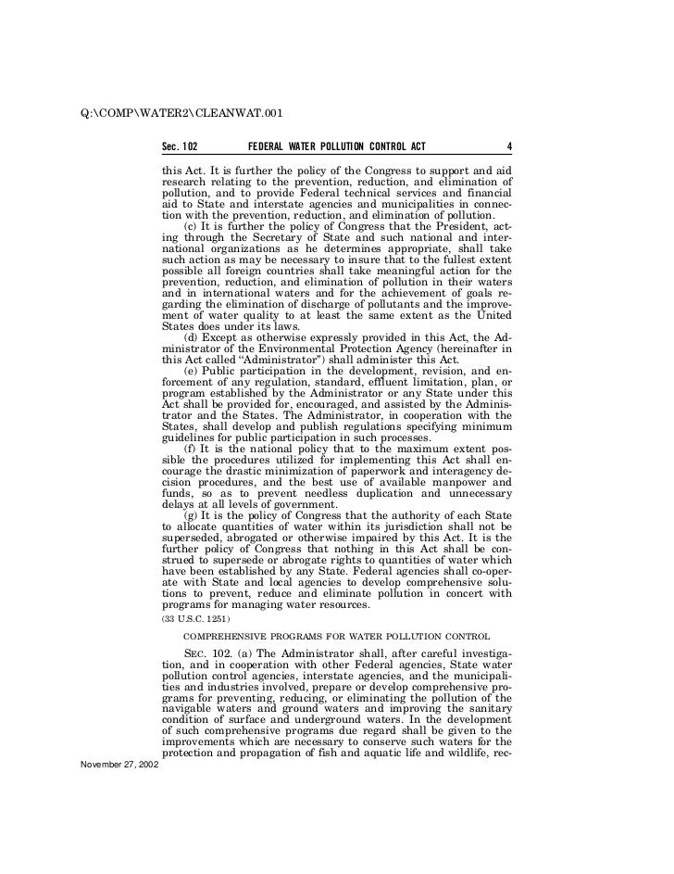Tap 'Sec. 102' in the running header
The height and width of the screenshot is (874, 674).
click(180, 146)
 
